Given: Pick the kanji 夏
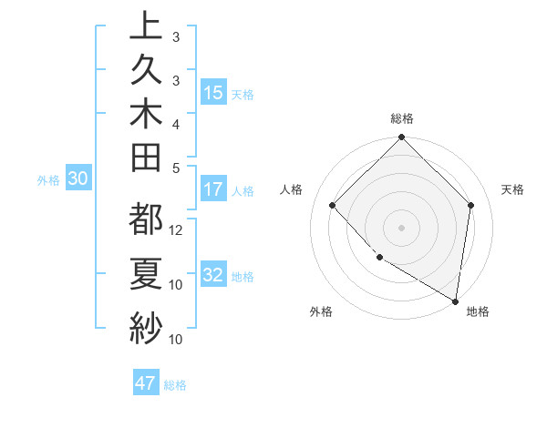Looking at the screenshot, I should (x=146, y=273).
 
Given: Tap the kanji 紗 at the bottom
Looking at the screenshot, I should (x=146, y=325).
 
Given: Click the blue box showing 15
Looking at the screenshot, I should (x=213, y=93).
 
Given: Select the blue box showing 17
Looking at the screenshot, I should (x=213, y=190).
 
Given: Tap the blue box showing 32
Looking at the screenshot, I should (x=213, y=276).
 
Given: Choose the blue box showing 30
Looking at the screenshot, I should (x=78, y=179).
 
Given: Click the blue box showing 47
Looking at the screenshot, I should (x=146, y=383).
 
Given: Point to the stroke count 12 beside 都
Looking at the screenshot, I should (x=177, y=230).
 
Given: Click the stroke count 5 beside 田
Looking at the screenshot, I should (x=176, y=168).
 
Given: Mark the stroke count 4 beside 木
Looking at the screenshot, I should (x=176, y=124).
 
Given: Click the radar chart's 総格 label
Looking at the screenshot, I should (x=402, y=118).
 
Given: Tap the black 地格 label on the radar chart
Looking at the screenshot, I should (x=478, y=311).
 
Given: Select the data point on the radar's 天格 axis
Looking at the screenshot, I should (x=470, y=205).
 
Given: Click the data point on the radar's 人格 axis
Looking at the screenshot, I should (x=333, y=205).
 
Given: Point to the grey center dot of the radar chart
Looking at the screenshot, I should (x=402, y=227).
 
